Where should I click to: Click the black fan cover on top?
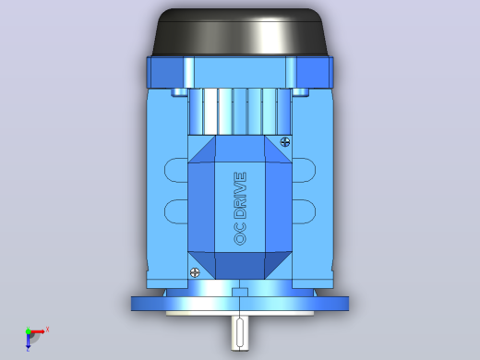tap(240, 32)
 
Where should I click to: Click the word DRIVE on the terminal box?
tap(240, 196)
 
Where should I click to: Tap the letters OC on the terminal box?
tap(240, 234)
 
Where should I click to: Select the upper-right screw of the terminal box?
tap(285, 142)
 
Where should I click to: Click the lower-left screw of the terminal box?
tap(195, 272)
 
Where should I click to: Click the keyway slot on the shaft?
tap(240, 333)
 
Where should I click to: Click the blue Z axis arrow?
tap(28, 341)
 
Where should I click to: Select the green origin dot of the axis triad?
tap(28, 331)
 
